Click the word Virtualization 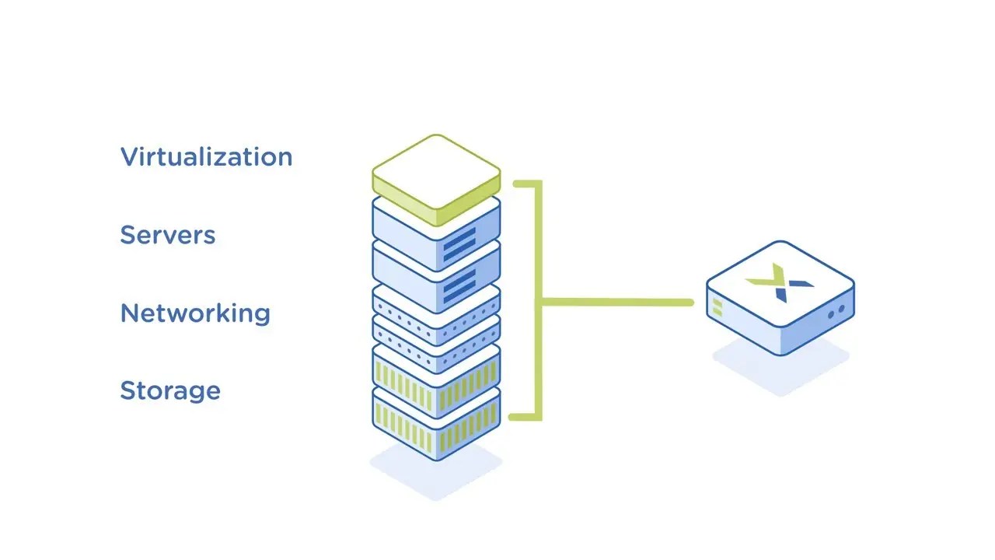pyautogui.click(x=206, y=157)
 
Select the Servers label pyautogui.click(x=167, y=235)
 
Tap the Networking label pyautogui.click(x=195, y=313)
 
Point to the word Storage pyautogui.click(x=170, y=391)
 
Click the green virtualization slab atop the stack pyautogui.click(x=436, y=180)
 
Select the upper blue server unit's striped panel pyautogui.click(x=459, y=244)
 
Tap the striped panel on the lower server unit pyautogui.click(x=459, y=287)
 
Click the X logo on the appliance pyautogui.click(x=780, y=282)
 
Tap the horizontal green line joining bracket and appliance pyautogui.click(x=617, y=303)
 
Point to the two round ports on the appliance pyautogui.click(x=836, y=312)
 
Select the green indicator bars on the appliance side pyautogui.click(x=717, y=307)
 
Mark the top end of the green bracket pyautogui.click(x=515, y=183)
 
